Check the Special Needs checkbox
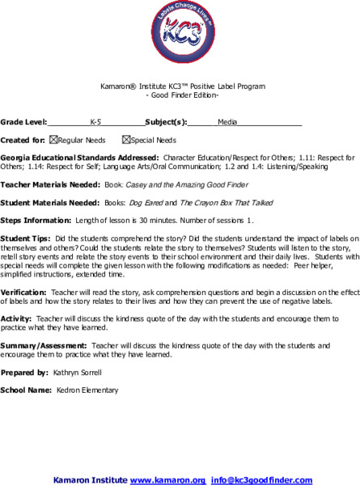[x=126, y=140]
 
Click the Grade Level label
[x=23, y=123]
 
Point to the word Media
[x=227, y=123]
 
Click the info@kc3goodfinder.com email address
[x=261, y=479]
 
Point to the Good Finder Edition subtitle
[x=180, y=95]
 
